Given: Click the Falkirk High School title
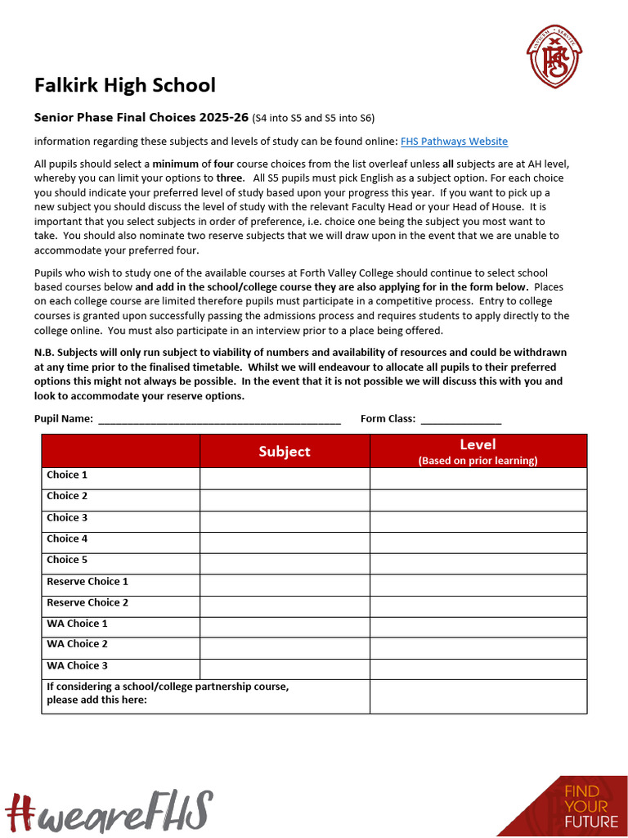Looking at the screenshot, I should click(125, 85).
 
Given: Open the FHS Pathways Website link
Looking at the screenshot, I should click(454, 142).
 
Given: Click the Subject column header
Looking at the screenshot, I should click(285, 451).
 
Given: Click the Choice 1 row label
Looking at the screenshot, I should click(67, 475).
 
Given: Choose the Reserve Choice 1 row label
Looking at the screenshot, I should click(87, 582).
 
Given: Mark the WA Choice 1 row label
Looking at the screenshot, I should click(77, 624).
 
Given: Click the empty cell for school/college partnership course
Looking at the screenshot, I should click(478, 696).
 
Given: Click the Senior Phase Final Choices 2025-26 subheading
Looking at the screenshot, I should click(141, 117).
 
